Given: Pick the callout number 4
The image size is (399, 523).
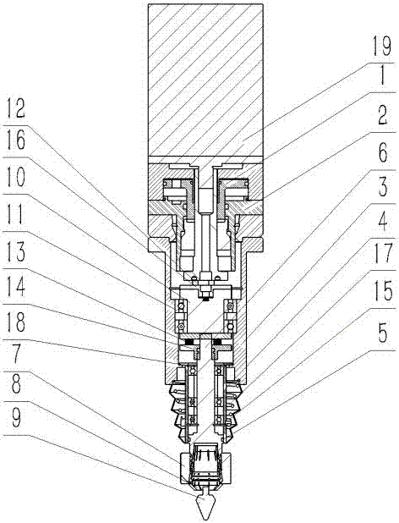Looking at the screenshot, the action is click(382, 222).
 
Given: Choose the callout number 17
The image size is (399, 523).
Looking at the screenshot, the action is click(382, 256).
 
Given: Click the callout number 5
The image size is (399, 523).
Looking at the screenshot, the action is click(382, 333).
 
